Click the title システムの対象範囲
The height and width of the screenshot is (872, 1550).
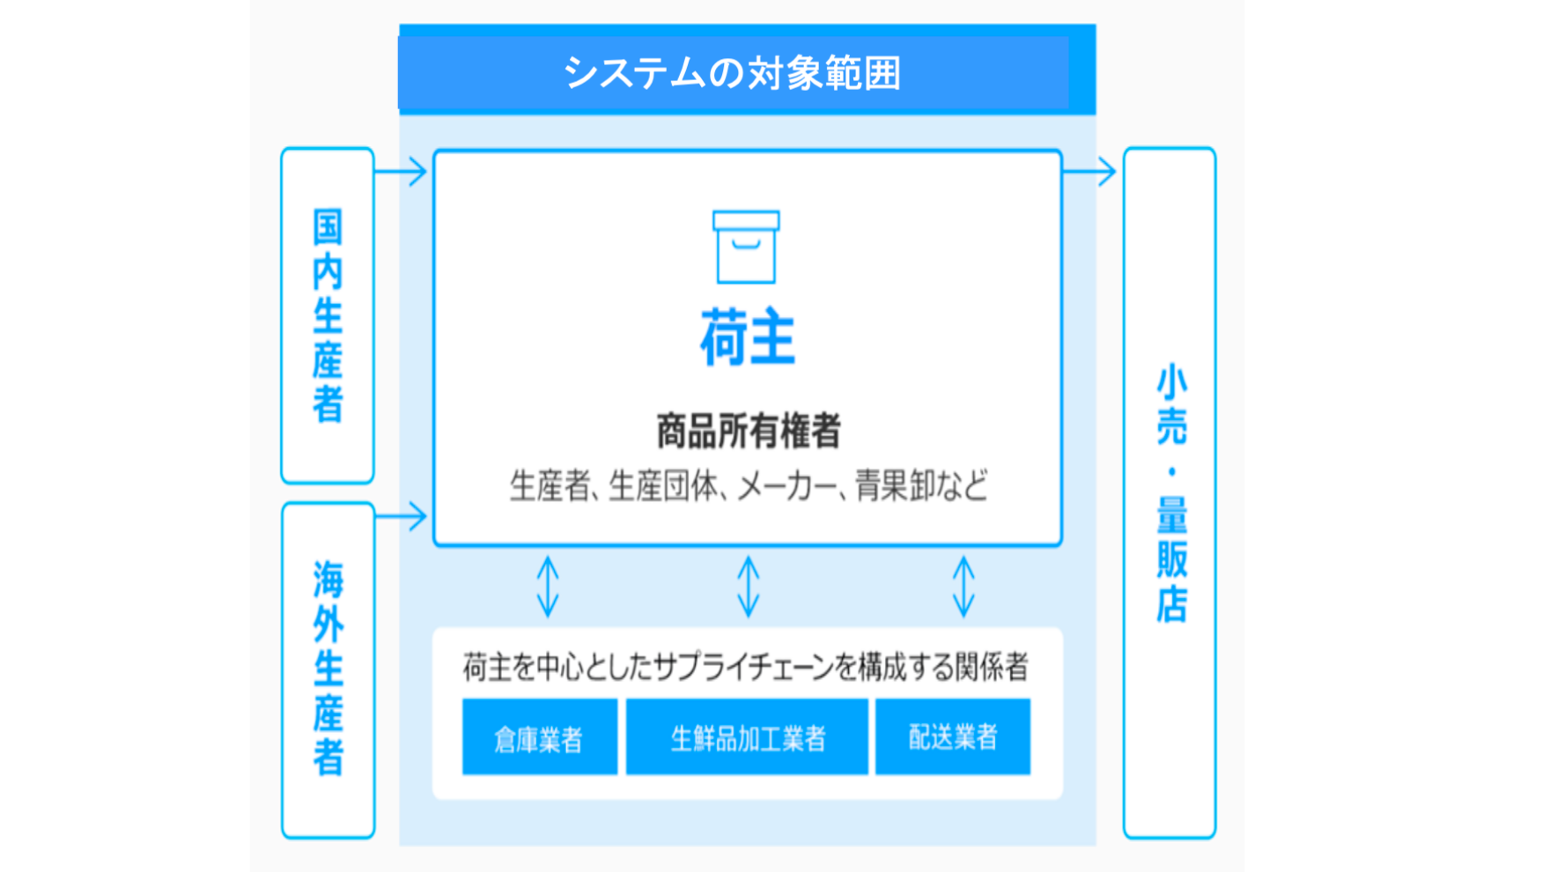coord(732,73)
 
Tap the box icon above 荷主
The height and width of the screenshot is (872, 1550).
coord(746,247)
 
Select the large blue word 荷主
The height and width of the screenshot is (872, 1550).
coord(748,337)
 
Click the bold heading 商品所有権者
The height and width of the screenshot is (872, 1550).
coord(749,432)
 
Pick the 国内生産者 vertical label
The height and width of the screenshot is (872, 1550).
coord(328,315)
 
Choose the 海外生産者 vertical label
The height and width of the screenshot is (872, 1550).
coord(328,669)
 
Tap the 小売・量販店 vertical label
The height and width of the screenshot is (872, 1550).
coord(1171,493)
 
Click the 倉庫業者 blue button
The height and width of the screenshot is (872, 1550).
coord(540,737)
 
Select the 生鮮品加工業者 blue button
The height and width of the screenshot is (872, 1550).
coord(747,737)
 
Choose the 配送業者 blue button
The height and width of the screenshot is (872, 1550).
coord(953,737)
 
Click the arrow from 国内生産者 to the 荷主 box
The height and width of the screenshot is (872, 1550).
coord(401,171)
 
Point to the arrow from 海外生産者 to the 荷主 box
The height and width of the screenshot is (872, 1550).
coord(401,516)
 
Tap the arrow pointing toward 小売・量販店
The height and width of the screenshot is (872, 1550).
coord(1089,171)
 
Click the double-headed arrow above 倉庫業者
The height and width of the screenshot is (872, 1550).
coord(548,587)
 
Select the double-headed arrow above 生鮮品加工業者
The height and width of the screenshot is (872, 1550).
coord(749,587)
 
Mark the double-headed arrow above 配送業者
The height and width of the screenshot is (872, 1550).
coord(963,587)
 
